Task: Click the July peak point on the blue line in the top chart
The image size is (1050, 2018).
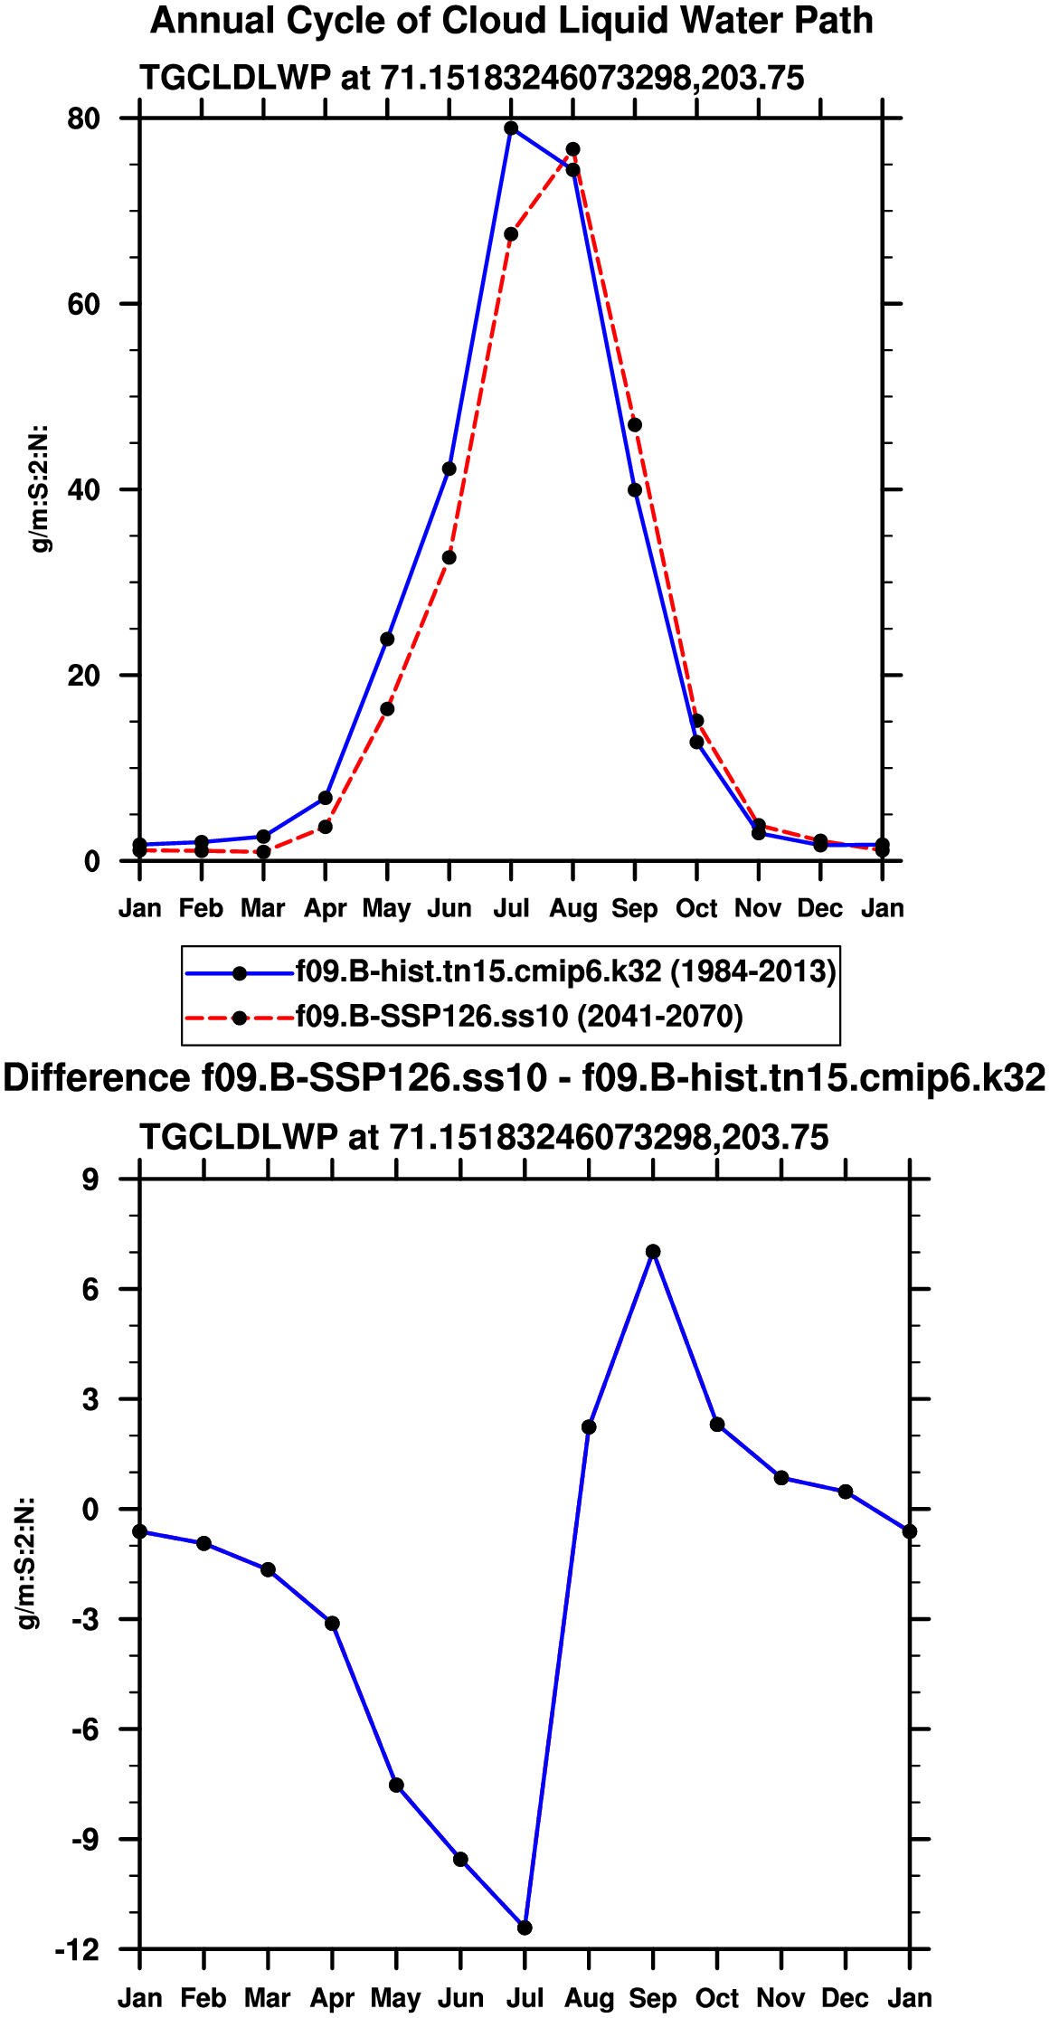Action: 511,128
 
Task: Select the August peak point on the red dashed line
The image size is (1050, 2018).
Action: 572,149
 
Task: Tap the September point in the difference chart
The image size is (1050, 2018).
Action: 653,1252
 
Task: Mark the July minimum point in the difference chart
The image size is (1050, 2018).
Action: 525,1928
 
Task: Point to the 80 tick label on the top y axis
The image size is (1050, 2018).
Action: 83,118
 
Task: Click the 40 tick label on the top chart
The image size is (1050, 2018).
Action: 83,489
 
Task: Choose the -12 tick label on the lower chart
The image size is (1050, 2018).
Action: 77,1949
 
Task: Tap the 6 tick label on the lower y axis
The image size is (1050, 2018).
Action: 90,1289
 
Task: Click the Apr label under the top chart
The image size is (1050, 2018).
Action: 325,908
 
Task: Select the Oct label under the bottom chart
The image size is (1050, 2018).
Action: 717,1997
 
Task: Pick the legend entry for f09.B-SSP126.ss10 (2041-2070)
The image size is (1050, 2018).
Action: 519,1017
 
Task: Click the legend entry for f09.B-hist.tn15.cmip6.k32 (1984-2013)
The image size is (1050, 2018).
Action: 566,971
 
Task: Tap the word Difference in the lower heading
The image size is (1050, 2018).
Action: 97,1078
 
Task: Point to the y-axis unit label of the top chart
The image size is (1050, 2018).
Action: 41,488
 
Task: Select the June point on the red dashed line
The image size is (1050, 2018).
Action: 449,557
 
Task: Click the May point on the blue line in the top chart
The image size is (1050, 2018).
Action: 387,640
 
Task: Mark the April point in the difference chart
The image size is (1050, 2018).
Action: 333,1624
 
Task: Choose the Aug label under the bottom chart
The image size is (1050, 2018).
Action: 589,1997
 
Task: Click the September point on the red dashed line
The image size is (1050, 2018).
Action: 635,425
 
